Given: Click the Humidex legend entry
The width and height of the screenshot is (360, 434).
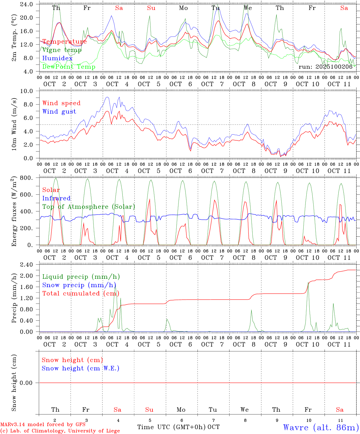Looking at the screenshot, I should click(57, 58).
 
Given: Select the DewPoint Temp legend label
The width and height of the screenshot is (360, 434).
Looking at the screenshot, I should click(69, 67).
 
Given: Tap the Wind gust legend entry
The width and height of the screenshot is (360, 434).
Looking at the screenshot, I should click(59, 112).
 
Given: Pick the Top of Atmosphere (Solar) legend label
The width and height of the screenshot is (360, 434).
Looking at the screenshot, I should click(88, 207).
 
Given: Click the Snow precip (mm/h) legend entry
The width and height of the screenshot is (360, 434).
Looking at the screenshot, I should click(79, 285).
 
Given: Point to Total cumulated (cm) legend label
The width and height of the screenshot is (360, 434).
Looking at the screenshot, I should click(81, 293).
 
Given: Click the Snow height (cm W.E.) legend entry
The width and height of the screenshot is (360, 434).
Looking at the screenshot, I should click(81, 368).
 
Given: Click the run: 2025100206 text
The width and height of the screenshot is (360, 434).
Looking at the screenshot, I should click(325, 67).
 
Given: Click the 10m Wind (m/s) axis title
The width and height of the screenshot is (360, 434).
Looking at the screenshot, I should click(14, 124).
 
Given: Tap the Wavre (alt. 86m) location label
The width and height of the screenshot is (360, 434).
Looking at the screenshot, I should click(321, 427).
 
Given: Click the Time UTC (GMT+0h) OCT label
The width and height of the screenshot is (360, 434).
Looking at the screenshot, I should click(178, 427).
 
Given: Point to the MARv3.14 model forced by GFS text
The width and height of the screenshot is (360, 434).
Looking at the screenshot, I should click(43, 424).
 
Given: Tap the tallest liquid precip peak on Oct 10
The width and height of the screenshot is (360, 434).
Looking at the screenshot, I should click(308, 283).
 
